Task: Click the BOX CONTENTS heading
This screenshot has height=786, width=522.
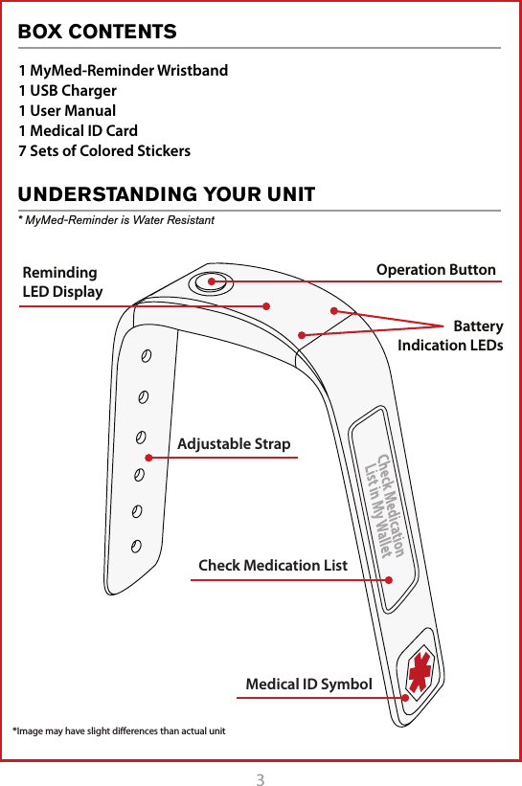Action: [98, 32]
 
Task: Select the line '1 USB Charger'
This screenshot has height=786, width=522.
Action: [68, 91]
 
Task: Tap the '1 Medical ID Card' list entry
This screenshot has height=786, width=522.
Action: [79, 130]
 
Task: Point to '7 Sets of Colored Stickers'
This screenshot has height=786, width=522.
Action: [105, 150]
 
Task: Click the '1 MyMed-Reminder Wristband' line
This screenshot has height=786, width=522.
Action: [124, 71]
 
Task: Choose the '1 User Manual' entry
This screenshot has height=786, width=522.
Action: [68, 110]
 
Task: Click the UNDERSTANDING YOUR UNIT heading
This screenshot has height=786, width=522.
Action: [167, 195]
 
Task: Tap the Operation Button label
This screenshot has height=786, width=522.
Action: [436, 270]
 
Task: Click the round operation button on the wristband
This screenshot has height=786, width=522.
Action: [210, 281]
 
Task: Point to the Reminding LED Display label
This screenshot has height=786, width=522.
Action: [62, 282]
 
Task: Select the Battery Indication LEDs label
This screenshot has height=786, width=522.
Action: [450, 336]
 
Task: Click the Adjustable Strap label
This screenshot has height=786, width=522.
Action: [234, 444]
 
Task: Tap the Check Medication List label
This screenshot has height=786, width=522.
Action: [273, 566]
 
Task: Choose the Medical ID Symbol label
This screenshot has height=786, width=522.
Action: [308, 685]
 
